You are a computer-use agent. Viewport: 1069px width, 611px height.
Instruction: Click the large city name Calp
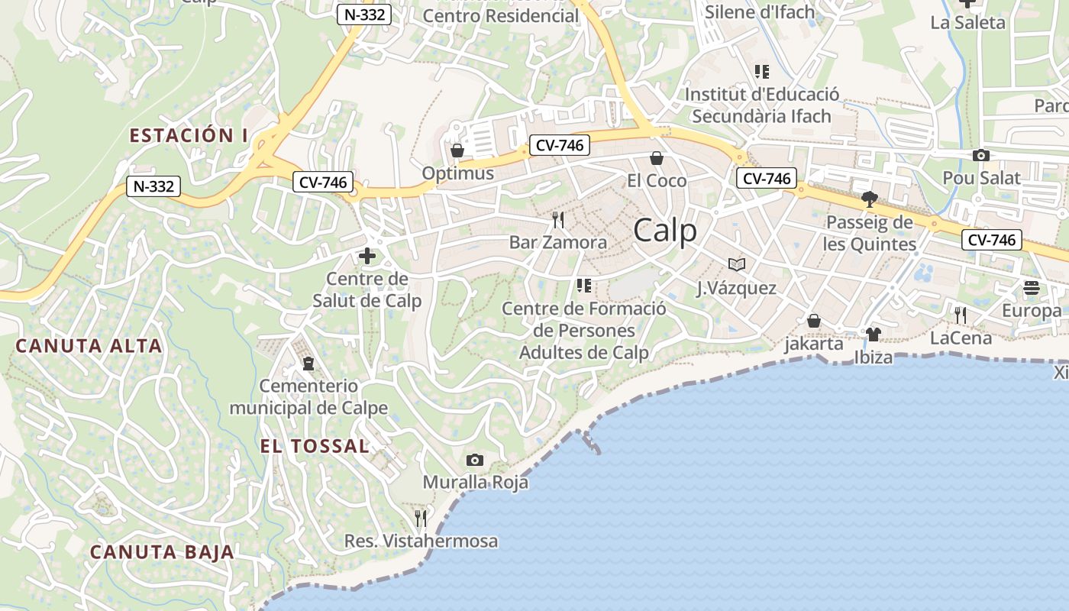point(665,230)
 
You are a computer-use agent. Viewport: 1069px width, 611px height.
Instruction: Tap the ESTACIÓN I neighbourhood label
point(189,136)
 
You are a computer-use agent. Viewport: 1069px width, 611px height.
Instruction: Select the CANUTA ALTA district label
point(89,346)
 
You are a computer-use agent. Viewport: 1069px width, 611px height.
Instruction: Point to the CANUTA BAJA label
point(162,552)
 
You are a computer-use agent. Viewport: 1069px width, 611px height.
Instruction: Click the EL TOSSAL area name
point(315,446)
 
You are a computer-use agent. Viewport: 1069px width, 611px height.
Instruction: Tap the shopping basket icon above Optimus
point(457,150)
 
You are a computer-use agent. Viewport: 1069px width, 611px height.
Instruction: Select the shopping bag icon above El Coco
point(656,158)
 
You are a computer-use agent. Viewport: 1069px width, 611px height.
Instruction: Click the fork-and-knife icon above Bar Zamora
point(558,220)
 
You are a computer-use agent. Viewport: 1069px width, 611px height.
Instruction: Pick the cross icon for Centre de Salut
point(367,256)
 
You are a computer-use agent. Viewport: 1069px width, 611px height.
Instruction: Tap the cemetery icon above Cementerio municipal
point(308,363)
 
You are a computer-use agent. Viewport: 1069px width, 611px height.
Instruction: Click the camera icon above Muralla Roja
point(475,460)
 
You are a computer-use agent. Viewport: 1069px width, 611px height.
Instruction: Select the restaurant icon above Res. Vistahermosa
point(421,519)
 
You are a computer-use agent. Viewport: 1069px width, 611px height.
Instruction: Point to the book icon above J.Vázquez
point(736,265)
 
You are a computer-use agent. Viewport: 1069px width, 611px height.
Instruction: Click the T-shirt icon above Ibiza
point(874,335)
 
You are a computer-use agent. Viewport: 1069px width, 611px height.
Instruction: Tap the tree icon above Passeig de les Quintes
point(869,200)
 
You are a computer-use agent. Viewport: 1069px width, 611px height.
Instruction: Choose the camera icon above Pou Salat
point(980,156)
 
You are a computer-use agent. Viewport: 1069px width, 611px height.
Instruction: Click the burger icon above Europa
point(1032,288)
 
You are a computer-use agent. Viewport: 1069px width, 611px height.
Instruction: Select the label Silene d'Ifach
point(760,11)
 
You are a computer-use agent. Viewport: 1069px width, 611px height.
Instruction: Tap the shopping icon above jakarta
point(814,321)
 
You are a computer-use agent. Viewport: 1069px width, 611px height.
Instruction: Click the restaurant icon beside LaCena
point(960,315)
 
